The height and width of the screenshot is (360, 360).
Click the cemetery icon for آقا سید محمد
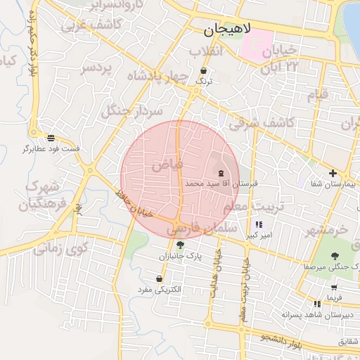[x=221, y=172]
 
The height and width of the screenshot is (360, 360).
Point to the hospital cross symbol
[x=333, y=173]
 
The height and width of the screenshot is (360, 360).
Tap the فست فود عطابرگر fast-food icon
[x=51, y=138]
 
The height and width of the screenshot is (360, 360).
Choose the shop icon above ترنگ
[x=204, y=71]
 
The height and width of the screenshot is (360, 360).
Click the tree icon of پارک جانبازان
[x=181, y=245]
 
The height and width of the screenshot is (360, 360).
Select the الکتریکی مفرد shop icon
[x=160, y=279]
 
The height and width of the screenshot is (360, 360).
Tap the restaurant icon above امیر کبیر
[x=259, y=225]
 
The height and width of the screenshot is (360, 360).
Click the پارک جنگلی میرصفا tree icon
[x=334, y=256]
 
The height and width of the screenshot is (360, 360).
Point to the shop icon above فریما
[x=334, y=288]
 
